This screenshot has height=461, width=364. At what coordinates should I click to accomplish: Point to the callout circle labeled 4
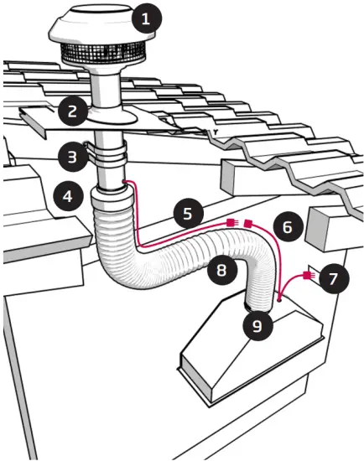[x=66, y=197]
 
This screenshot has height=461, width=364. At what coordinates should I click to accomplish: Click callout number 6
[x=286, y=227]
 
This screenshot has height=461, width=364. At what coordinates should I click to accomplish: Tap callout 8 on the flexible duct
[x=221, y=270]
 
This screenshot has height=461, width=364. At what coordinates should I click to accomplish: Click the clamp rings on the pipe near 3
[x=110, y=156]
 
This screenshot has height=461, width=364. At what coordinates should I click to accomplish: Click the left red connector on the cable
[x=231, y=223]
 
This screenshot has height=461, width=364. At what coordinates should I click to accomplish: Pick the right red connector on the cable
[x=249, y=223]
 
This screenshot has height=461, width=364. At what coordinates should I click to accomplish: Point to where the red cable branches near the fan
[x=279, y=292]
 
